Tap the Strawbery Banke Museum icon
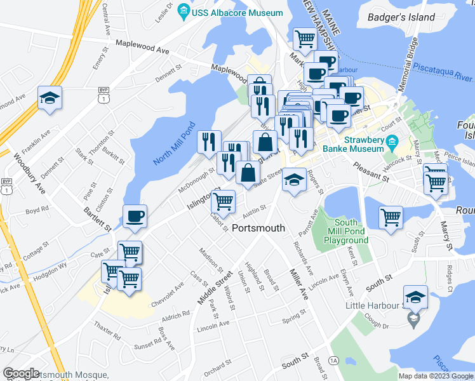coord(391,140)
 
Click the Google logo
coord(21,374)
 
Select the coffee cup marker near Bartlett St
coord(135,216)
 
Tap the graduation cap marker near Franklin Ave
coord(50,98)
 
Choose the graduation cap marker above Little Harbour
coord(415,297)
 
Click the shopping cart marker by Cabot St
coord(223,202)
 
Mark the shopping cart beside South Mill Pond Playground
coord(391,217)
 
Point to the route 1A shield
coord(334,361)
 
